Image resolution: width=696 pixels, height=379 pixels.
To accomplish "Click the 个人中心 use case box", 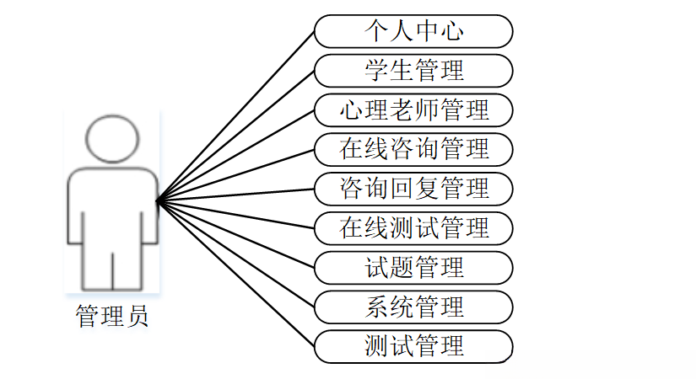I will tap(413, 32).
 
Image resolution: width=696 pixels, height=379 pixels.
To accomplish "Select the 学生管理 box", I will tap(413, 71).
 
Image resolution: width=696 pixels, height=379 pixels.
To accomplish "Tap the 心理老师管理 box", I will tap(413, 109).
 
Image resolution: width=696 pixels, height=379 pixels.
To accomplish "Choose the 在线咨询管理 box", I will tap(413, 148).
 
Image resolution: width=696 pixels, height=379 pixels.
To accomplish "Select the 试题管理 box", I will tap(413, 268).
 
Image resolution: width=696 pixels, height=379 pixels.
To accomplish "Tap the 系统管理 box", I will tap(413, 307).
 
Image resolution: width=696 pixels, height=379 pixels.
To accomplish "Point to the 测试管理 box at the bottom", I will tap(413, 345).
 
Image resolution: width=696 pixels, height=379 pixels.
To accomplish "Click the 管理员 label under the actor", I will tap(112, 317).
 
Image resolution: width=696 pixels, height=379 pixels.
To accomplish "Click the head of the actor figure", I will tap(112, 138).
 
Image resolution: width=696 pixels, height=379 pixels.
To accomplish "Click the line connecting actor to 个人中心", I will tap(236, 116).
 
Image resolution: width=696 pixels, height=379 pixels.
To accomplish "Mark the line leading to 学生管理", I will tap(236, 136).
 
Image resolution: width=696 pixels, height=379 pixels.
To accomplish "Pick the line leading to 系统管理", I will tap(236, 254).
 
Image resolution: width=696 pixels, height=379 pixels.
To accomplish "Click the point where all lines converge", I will tap(158, 200).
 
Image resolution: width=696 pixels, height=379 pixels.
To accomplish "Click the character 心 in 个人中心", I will tap(452, 32).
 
